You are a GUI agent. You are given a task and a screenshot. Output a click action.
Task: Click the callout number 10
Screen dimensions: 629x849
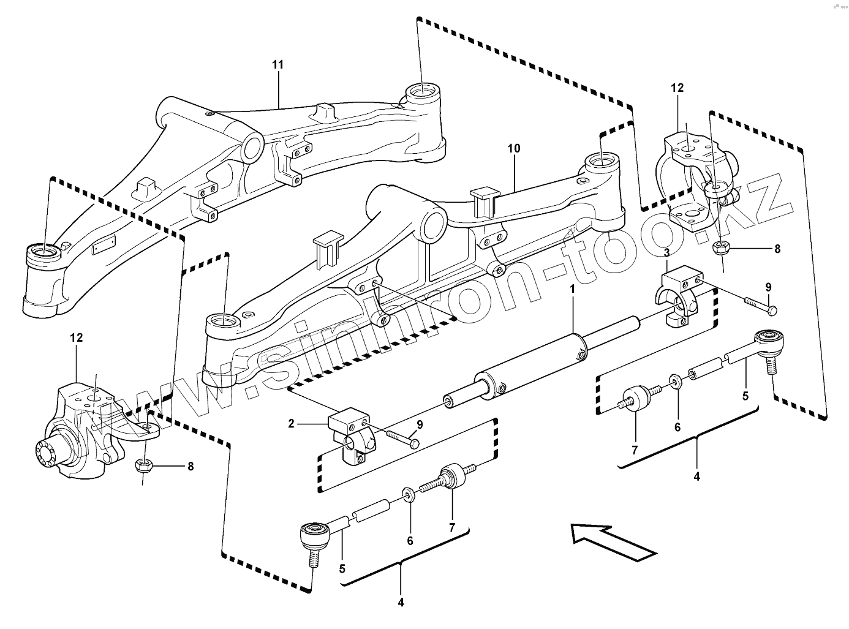(513, 148)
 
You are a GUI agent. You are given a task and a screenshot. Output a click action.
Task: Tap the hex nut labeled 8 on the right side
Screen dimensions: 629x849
(720, 248)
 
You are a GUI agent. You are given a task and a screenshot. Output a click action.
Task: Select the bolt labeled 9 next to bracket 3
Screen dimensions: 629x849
(760, 304)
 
